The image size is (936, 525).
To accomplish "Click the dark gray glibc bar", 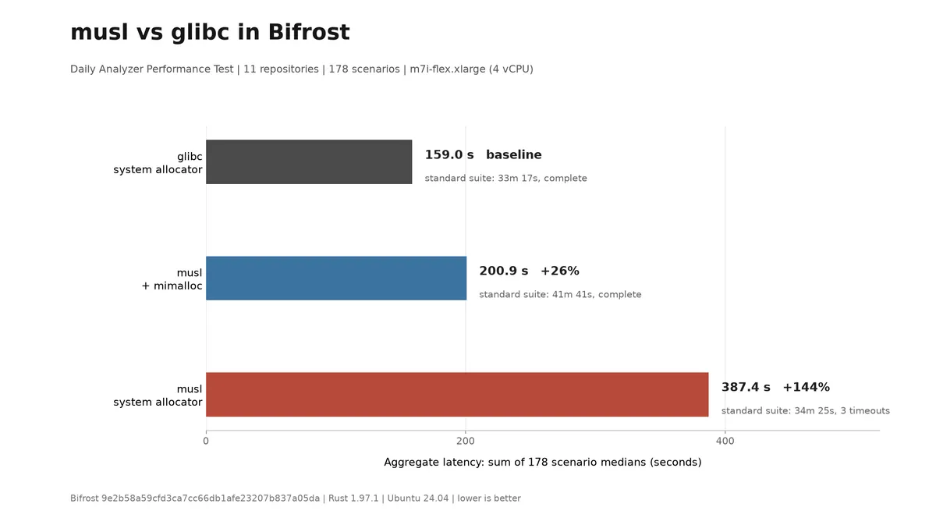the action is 309,161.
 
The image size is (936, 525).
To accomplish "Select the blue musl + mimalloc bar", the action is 336,278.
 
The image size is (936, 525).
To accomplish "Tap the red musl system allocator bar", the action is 457,394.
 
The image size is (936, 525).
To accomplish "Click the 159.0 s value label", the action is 449,154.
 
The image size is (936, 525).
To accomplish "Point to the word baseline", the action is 513,154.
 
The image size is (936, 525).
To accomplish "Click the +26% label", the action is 560,271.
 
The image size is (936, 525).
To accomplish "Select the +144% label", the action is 806,387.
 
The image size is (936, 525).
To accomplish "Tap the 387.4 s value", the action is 746,387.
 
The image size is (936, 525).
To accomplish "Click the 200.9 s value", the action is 504,271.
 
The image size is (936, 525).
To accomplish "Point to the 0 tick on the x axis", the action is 206,441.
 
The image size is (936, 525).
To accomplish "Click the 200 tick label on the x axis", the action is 466,441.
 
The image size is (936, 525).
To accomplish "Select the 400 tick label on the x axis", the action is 725,441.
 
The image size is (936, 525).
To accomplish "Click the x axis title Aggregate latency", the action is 543,463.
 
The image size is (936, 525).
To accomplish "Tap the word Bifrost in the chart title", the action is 309,32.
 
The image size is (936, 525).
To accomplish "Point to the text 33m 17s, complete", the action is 542,179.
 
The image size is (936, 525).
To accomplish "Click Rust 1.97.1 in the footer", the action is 353,498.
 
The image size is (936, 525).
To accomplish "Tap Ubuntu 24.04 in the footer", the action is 418,498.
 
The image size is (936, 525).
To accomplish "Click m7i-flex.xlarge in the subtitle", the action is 448,69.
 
